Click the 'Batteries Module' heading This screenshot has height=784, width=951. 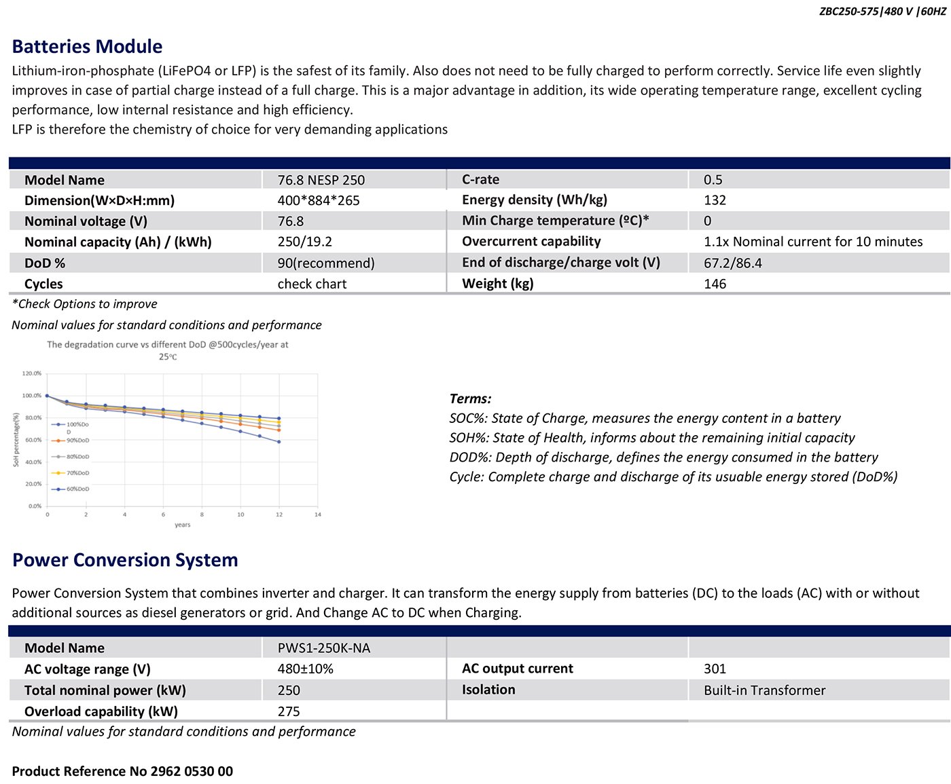click(x=87, y=47)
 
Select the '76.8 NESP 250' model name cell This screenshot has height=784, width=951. click(x=321, y=180)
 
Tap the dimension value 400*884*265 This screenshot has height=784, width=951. click(x=318, y=200)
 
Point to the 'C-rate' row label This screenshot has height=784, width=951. click(x=480, y=179)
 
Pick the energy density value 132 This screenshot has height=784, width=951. click(x=715, y=200)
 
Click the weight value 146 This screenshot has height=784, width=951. click(x=715, y=284)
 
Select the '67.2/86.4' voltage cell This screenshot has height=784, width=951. click(x=732, y=263)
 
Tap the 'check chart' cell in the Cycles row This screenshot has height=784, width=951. click(x=312, y=284)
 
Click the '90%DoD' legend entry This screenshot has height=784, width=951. click(x=77, y=441)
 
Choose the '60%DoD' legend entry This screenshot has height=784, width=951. click(x=77, y=489)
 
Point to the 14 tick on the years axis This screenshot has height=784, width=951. click(x=317, y=515)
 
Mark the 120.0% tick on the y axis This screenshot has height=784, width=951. click(x=32, y=373)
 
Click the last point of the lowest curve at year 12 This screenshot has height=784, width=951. click(x=279, y=442)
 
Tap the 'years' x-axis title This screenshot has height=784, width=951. click(x=182, y=525)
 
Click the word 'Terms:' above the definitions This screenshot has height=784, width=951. click(x=470, y=398)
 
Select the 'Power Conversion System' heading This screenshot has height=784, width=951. click(x=125, y=560)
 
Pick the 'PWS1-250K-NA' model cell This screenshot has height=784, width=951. click(x=323, y=648)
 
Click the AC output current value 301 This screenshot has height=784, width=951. click(x=715, y=669)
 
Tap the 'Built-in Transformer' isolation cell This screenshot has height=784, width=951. click(x=764, y=690)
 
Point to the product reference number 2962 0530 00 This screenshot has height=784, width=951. click(x=192, y=771)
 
